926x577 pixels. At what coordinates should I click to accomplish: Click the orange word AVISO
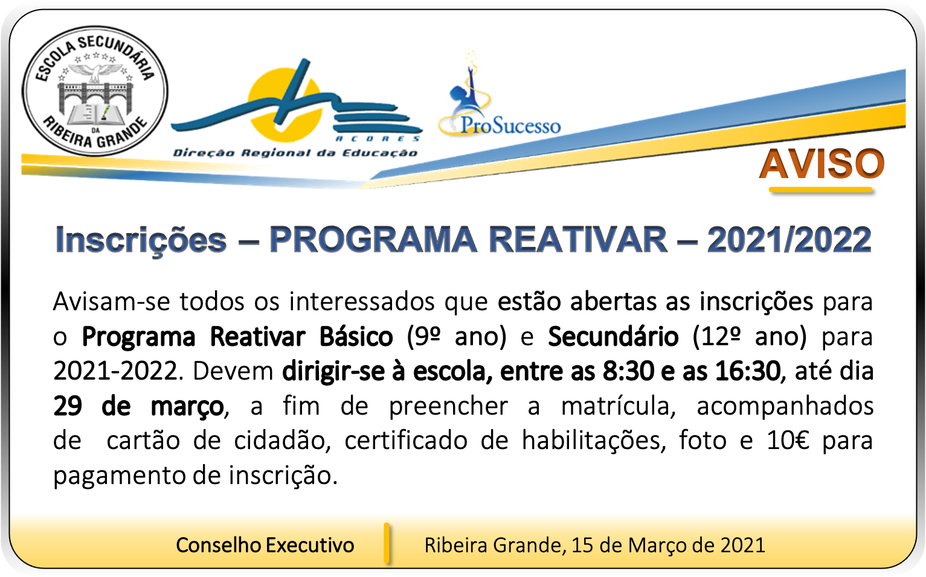(x=822, y=164)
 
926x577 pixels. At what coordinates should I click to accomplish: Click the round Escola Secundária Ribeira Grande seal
(x=95, y=91)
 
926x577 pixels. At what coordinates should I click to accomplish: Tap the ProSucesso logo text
(x=510, y=126)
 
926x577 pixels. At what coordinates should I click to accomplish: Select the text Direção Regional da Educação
(x=295, y=153)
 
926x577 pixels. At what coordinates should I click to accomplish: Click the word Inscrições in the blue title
(x=141, y=240)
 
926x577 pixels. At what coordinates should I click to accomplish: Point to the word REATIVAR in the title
(x=578, y=240)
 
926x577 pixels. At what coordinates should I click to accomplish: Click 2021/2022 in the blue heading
(x=789, y=240)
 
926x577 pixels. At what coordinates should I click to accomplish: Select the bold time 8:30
(x=628, y=371)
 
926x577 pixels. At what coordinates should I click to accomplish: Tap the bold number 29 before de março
(x=68, y=406)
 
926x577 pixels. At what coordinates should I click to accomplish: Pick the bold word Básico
(x=356, y=337)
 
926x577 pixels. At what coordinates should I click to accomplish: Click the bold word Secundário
(x=614, y=336)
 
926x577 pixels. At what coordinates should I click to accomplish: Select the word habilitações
(x=594, y=441)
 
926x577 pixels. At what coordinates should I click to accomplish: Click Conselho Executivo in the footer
(x=265, y=545)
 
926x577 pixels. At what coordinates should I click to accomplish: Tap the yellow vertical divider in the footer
(x=387, y=543)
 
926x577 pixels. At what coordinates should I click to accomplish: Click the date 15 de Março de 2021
(x=668, y=545)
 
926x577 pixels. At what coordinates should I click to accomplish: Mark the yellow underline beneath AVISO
(x=821, y=190)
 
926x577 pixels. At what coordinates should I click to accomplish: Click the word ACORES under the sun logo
(x=378, y=139)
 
